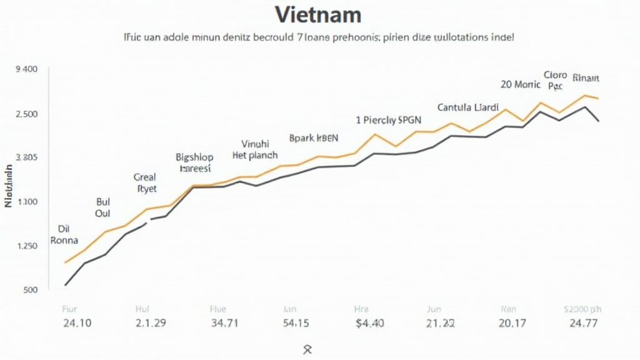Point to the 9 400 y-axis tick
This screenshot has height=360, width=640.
[26, 69]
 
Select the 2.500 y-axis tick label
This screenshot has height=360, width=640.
[26, 114]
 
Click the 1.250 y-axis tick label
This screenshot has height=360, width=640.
[26, 246]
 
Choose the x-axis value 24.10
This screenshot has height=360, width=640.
[77, 323]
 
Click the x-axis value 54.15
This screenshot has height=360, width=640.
[296, 323]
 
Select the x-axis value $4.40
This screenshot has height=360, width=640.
[369, 323]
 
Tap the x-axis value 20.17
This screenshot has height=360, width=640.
[512, 323]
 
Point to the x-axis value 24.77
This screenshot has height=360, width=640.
[583, 323]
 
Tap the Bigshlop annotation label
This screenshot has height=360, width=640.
[194, 157]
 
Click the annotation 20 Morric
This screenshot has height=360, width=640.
[521, 84]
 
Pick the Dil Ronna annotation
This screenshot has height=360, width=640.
[64, 234]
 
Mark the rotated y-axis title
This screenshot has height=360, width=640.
[9, 186]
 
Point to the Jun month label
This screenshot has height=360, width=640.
[434, 309]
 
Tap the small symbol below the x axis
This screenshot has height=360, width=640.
[307, 349]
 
